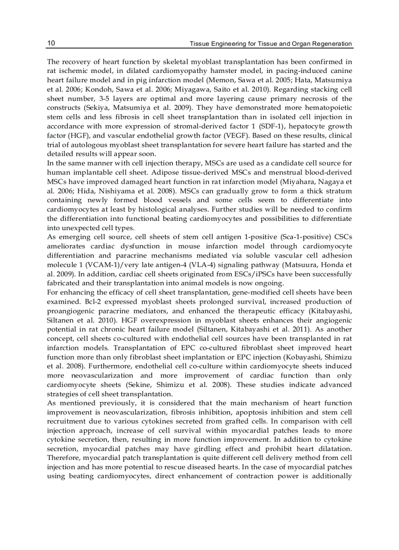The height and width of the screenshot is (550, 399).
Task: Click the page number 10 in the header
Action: click(51, 44)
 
